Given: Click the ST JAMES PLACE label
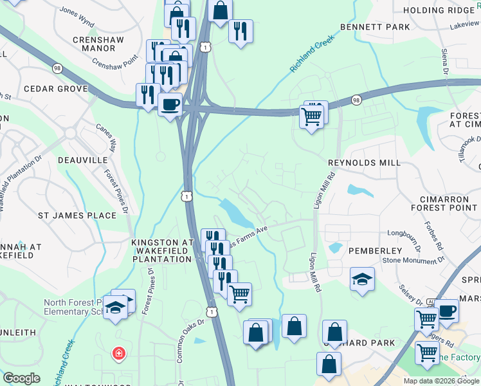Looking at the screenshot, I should pos(77,216).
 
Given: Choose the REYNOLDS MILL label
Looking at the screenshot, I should pos(363,163).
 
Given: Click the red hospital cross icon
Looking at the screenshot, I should pos(118,353).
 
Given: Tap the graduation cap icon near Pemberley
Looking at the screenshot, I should pos(362,279).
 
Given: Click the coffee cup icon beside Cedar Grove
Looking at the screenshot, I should pos(170,104).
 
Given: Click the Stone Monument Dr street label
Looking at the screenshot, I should pos(413,260).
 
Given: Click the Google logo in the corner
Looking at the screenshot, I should pos(21,378).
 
